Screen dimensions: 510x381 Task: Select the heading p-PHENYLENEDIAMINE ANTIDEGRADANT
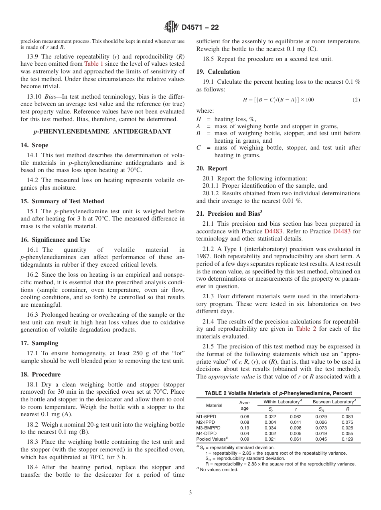[102, 132]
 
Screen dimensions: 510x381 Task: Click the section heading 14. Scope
[34, 145]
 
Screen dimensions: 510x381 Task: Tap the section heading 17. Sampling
[39, 343]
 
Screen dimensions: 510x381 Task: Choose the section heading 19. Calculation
[218, 72]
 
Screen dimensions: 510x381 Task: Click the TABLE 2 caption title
[278, 393]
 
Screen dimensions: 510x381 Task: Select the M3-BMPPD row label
[208, 428]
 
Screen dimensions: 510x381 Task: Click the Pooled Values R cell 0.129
[347, 439]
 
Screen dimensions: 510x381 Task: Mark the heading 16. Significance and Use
[55, 240]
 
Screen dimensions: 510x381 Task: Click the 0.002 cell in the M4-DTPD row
[270, 433]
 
